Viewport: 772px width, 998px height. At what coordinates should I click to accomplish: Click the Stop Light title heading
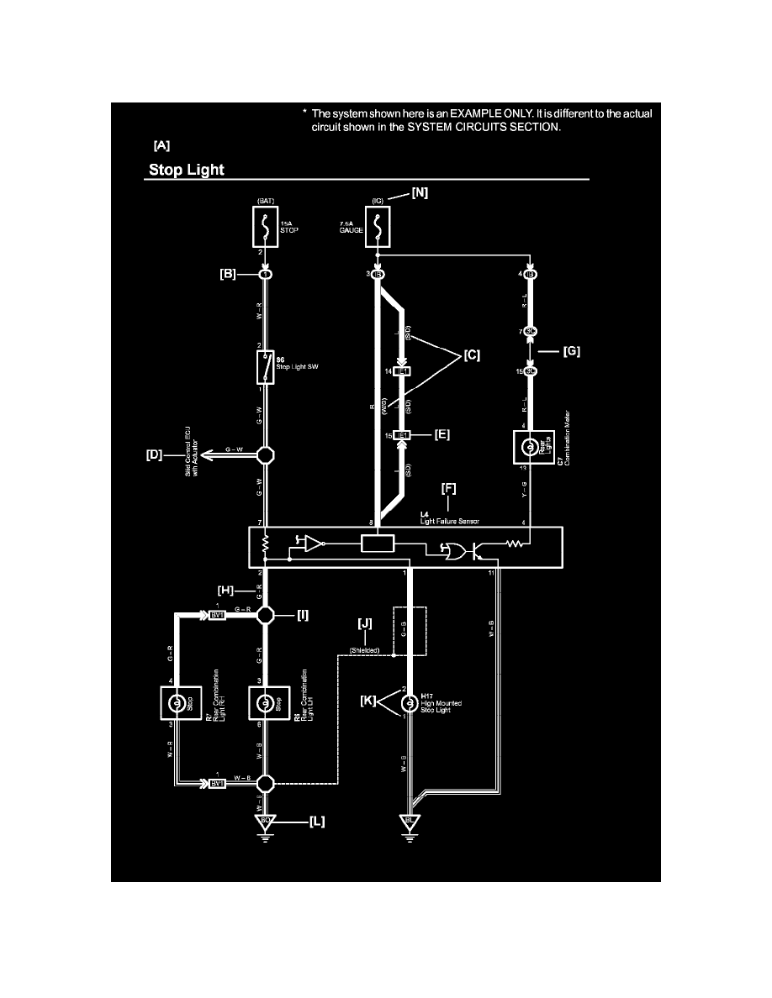pyautogui.click(x=186, y=170)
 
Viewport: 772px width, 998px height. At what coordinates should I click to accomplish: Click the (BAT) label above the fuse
pyautogui.click(x=265, y=202)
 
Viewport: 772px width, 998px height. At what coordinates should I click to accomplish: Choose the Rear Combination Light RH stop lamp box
pyautogui.click(x=177, y=702)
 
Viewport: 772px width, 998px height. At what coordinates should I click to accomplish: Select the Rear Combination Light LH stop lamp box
pyautogui.click(x=265, y=702)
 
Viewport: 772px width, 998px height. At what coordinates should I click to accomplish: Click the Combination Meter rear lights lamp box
pyautogui.click(x=530, y=444)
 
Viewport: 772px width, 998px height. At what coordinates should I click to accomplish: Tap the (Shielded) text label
pyautogui.click(x=364, y=650)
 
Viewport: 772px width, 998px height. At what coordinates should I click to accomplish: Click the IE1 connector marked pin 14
pyautogui.click(x=401, y=370)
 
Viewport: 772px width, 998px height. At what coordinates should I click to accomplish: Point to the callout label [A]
pyautogui.click(x=157, y=144)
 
